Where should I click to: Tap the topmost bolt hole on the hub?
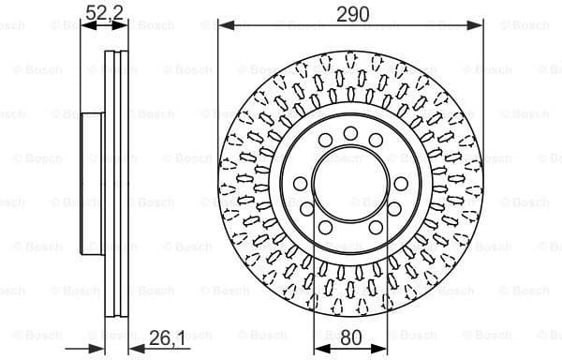(x=350, y=132)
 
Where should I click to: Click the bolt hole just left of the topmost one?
(x=325, y=141)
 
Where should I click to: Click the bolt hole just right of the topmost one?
(x=377, y=141)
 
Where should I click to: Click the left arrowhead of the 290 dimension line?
(x=224, y=25)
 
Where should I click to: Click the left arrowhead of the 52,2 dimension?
(x=86, y=25)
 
